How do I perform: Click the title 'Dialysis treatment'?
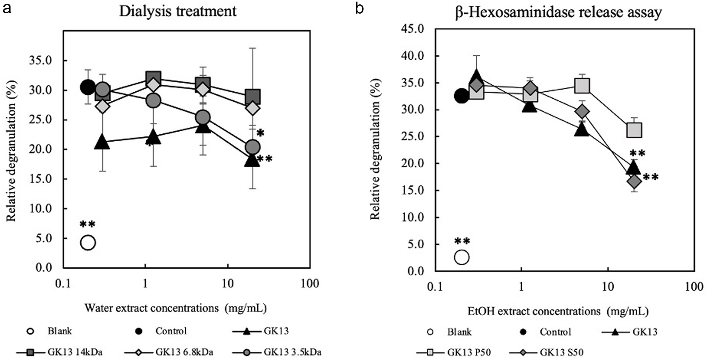(178, 11)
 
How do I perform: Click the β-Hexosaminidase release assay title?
(558, 12)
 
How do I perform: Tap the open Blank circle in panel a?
(88, 243)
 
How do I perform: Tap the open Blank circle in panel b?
(462, 257)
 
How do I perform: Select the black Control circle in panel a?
(88, 87)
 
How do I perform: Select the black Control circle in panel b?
(462, 96)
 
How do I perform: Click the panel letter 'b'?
(359, 8)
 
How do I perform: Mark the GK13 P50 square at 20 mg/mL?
(634, 130)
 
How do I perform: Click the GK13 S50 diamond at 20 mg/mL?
(635, 182)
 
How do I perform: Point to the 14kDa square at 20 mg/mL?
(253, 97)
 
